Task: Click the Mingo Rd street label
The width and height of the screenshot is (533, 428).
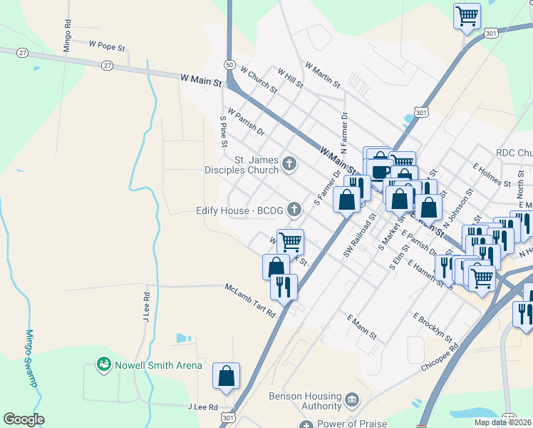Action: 66,35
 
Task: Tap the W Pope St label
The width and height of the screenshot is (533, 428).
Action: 107,44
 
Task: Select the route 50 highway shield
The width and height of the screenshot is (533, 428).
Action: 229,64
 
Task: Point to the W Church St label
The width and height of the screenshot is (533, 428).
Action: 259,80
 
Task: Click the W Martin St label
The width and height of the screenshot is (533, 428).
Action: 322,75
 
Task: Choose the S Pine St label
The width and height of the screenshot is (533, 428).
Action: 223,127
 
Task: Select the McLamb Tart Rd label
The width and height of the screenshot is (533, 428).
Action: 249,301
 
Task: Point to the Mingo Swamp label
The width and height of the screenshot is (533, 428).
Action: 31,357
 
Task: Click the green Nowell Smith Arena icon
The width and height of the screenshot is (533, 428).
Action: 104,365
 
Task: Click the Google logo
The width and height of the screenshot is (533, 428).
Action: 24,419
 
